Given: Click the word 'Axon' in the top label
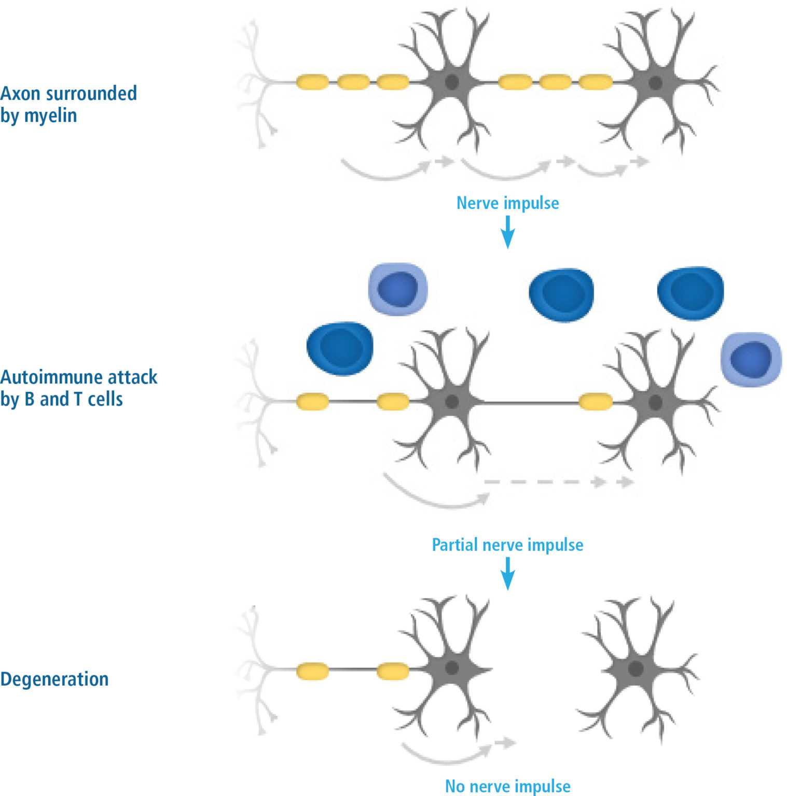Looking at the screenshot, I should (20, 93).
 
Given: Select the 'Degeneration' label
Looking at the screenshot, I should (54, 679).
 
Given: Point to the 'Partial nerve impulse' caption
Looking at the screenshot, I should (507, 545).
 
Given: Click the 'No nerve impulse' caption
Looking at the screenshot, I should (507, 786).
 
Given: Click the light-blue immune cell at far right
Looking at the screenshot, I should (751, 359).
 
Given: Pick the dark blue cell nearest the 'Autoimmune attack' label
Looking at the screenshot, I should (340, 349).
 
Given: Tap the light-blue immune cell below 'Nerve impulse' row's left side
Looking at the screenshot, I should (398, 289).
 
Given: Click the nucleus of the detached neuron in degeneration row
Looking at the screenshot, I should (636, 669).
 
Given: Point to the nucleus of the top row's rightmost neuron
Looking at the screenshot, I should (655, 82).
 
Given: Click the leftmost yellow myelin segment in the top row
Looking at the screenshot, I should (312, 82).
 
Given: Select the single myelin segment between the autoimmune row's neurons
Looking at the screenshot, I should (595, 402).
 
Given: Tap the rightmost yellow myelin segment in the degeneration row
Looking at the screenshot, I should (392, 671).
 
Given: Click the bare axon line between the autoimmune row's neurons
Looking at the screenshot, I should (529, 402).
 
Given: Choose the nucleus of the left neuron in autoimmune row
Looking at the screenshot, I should (452, 402).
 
